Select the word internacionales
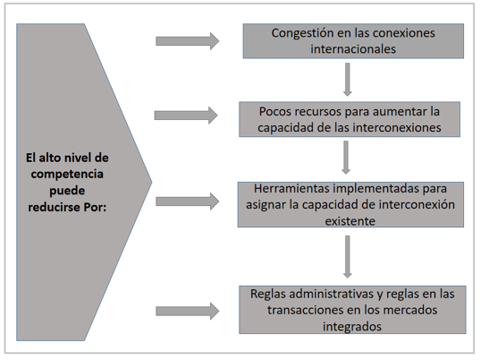[353, 49]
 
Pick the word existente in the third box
[350, 221]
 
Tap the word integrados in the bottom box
[352, 326]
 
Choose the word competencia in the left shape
[67, 175]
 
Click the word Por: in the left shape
[95, 208]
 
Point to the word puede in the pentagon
[67, 191]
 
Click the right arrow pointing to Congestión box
[188, 41]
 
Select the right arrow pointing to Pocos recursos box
[186, 116]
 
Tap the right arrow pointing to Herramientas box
[188, 201]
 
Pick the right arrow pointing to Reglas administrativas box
[188, 311]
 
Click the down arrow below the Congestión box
[347, 80]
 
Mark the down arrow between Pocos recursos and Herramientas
[346, 158]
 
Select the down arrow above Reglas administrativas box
[347, 257]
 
